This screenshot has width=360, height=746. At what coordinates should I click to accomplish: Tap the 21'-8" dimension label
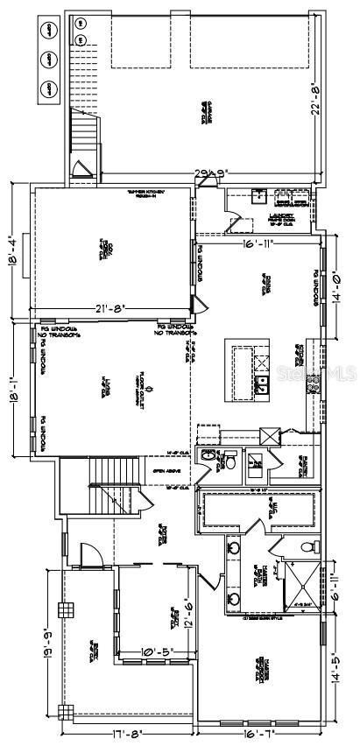[112, 308]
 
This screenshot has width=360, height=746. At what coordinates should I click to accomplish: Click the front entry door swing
[88, 554]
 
